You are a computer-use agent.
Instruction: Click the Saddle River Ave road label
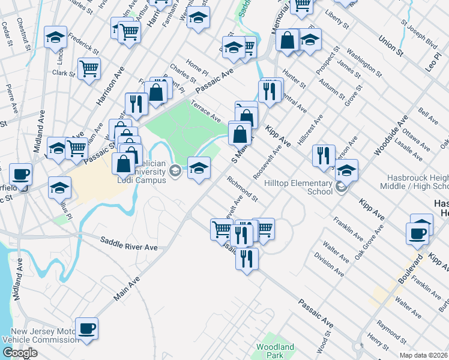pos(128,247)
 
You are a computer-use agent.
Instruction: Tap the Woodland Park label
pos(276,351)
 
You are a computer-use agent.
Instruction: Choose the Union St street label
pos(390,46)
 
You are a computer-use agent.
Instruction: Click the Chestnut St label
pos(25,33)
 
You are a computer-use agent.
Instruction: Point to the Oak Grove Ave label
pos(369,242)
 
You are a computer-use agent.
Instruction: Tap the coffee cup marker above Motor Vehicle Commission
pos(87,328)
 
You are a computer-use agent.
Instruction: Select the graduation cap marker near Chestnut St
pos(55,38)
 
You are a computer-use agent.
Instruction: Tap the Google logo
pos(20,353)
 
